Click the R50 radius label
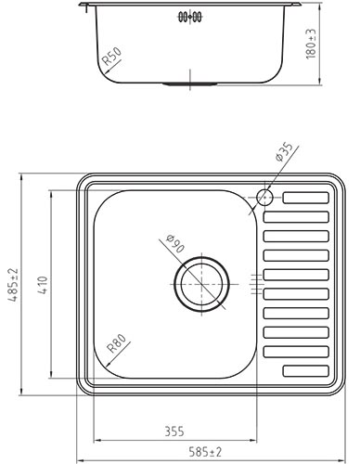[111, 57]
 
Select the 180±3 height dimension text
[311, 44]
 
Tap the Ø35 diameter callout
[284, 151]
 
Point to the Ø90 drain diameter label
[175, 243]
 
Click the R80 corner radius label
[116, 343]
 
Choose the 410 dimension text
[43, 285]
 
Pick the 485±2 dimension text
[13, 285]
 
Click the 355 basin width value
[174, 432]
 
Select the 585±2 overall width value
[205, 452]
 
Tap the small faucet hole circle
[264, 197]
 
